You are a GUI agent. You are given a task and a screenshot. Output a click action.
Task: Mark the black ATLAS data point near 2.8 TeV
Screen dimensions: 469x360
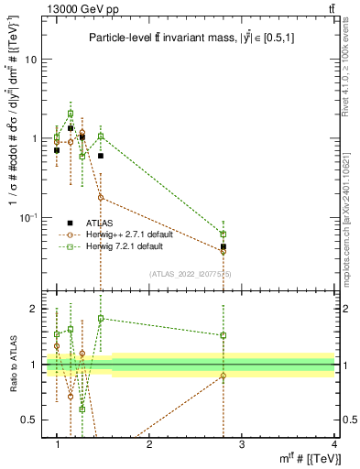click(224, 246)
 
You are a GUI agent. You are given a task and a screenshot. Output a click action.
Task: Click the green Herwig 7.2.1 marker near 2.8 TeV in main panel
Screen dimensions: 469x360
click(224, 234)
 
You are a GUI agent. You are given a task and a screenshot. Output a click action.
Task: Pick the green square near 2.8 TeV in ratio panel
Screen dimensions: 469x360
click(224, 335)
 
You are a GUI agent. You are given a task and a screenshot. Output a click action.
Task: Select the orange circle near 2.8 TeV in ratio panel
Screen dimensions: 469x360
click(224, 376)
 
